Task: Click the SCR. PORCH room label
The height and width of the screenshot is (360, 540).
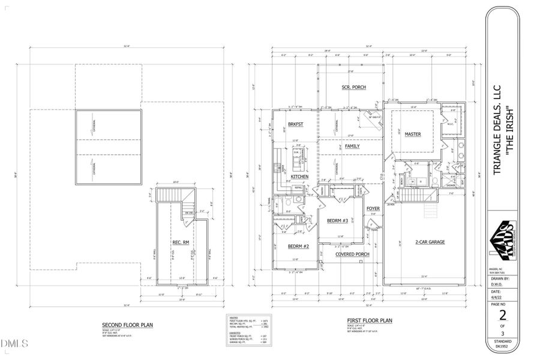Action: [x=353, y=88]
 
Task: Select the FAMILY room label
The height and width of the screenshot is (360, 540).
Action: [x=352, y=146]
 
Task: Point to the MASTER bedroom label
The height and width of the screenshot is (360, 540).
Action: [x=412, y=134]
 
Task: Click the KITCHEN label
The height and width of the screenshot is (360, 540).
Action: [x=299, y=177]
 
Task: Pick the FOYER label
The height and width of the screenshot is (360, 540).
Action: [x=373, y=208]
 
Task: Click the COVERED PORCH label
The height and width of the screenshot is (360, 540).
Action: [x=352, y=254]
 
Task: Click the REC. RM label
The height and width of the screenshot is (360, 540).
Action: [x=181, y=242]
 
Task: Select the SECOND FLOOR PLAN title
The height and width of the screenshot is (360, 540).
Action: [x=127, y=325]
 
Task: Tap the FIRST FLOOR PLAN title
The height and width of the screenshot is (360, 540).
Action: [x=369, y=321]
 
